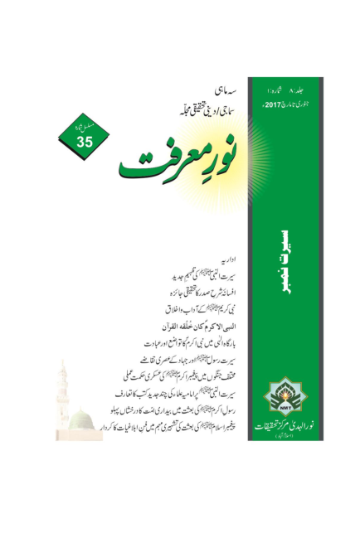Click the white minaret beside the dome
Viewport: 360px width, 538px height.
tap(64, 406)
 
